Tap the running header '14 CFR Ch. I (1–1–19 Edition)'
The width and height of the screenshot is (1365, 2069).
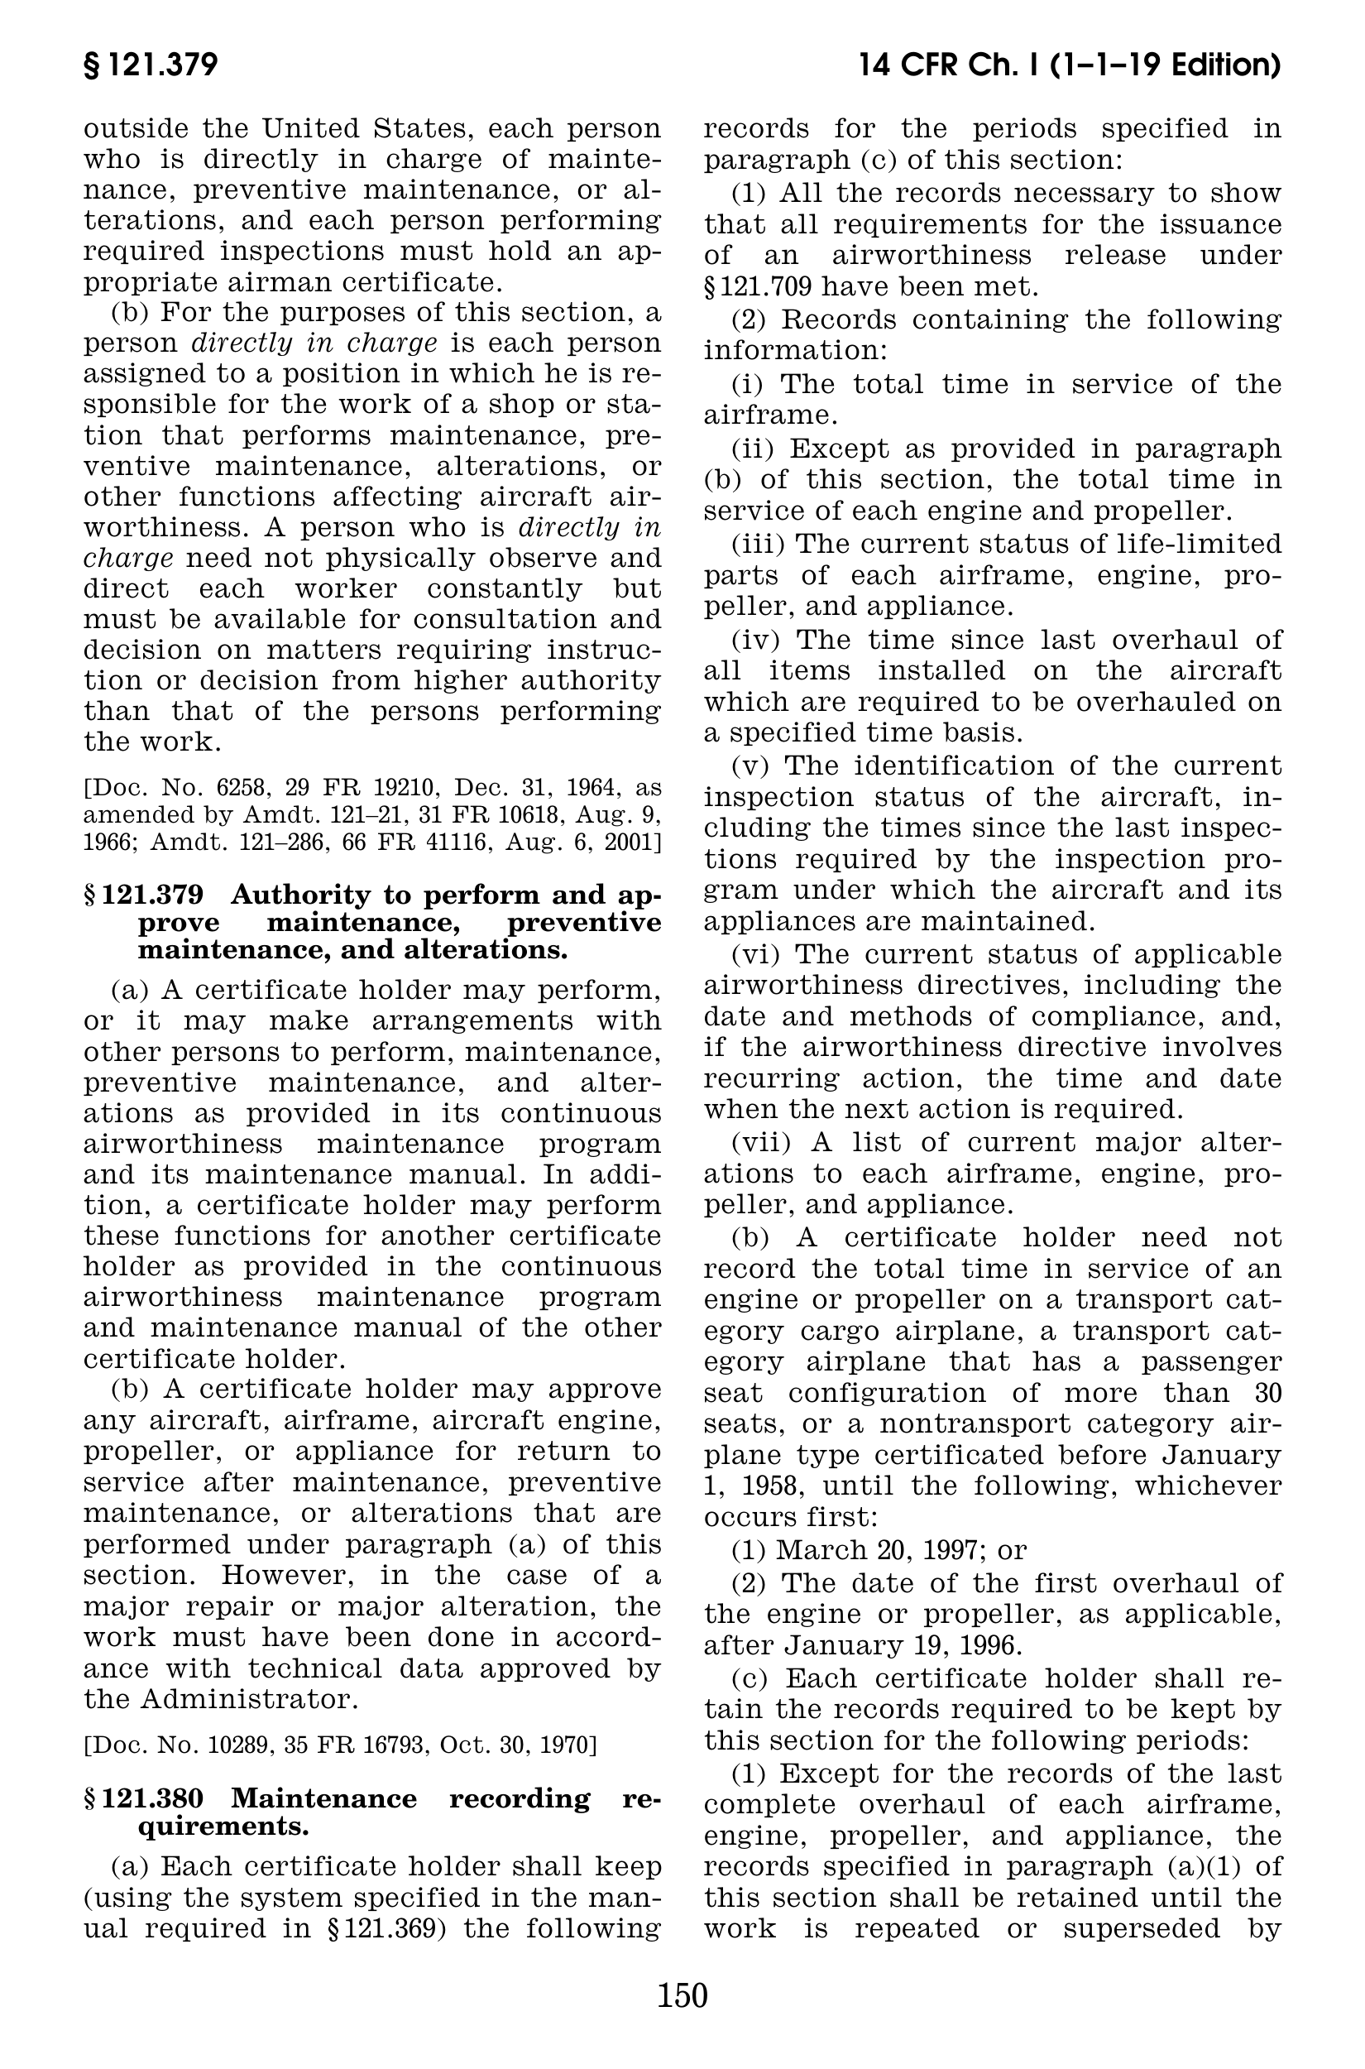coord(1069,65)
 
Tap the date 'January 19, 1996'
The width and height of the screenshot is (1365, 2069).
coord(903,1646)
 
